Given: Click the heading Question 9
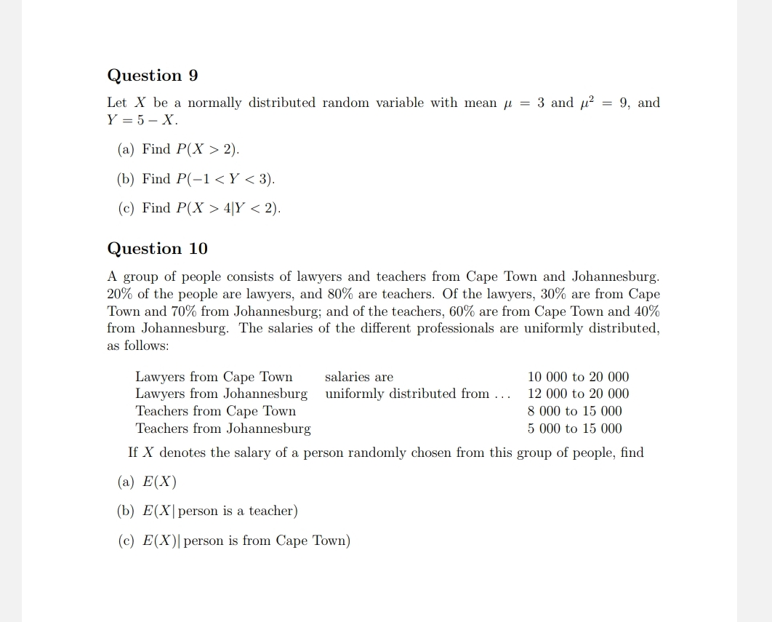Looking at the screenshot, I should (x=153, y=76).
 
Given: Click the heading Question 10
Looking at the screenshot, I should (x=157, y=249).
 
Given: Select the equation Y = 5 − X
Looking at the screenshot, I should (x=142, y=120).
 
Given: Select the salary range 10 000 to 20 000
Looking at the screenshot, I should (x=578, y=377).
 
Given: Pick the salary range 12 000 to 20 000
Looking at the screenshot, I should (x=578, y=394).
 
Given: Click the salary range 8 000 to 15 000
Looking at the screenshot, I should (x=574, y=411).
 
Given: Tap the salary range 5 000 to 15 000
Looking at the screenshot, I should (x=574, y=428).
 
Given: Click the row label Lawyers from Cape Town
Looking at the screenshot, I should (x=214, y=377).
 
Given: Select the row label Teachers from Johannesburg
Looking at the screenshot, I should (x=222, y=428).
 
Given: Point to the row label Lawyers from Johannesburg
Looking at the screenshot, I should (x=221, y=394).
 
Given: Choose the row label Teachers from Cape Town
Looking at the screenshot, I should (x=215, y=411).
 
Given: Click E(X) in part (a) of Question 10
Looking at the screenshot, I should (x=159, y=482).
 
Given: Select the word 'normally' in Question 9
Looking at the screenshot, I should (x=214, y=103).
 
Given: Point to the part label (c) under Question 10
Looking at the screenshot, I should (x=126, y=541).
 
